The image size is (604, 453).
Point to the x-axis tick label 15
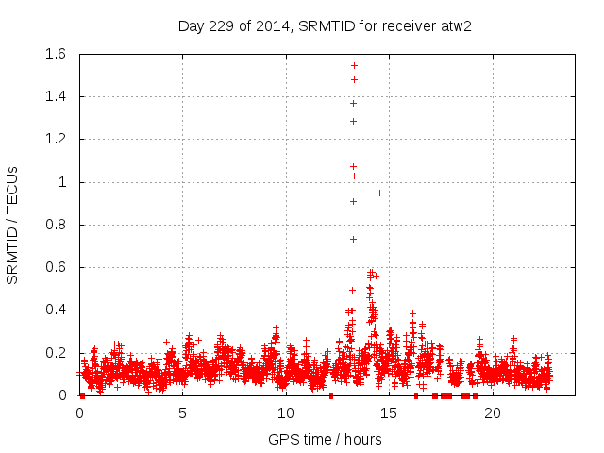click(x=389, y=413)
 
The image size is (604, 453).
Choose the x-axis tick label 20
click(x=492, y=413)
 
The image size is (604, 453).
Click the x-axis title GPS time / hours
click(x=325, y=439)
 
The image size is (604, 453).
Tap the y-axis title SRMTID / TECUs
click(x=13, y=225)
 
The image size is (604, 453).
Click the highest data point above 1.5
click(x=354, y=65)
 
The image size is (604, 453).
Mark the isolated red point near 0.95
click(x=379, y=193)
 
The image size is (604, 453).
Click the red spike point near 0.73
click(x=353, y=239)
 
